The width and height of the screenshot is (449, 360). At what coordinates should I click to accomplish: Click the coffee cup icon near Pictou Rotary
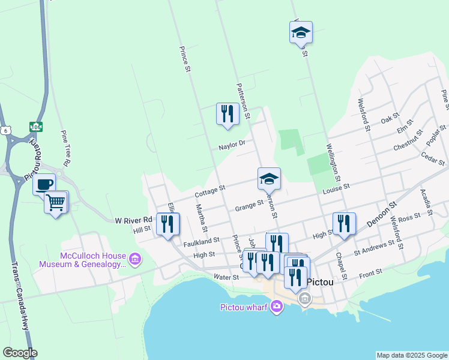44,184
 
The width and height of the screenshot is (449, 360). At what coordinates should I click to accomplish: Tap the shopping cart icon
56,202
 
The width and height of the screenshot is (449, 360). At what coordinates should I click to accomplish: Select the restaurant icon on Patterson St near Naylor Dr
228,113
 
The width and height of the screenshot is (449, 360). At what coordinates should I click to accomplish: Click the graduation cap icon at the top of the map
301,32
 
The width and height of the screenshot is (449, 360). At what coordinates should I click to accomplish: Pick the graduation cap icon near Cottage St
269,178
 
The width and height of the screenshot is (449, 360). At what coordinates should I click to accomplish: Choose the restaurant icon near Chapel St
344,223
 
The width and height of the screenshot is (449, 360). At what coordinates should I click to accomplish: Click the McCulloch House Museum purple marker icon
135,259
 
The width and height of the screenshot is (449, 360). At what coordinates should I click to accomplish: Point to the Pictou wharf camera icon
276,307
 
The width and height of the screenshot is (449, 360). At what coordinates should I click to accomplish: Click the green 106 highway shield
36,127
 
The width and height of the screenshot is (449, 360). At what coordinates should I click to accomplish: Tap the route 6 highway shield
6,130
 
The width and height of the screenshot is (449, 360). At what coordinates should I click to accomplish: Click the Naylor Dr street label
232,145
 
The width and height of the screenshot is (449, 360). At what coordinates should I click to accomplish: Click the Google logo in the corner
20,353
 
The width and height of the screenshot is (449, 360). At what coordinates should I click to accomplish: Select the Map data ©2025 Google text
411,355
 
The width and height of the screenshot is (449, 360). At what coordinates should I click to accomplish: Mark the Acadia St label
426,203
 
